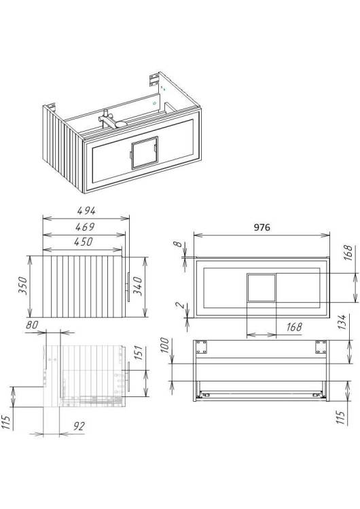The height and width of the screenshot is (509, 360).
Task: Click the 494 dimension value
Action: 86,210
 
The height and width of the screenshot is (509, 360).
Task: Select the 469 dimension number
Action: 85,227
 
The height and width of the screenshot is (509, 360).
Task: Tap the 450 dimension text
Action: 84,242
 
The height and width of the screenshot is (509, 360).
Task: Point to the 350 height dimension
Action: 22,285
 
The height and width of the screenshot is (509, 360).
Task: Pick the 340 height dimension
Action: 138,286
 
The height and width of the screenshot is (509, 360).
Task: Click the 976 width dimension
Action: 262,227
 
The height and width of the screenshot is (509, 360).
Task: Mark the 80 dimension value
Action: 32,324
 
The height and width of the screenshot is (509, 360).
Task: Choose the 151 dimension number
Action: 138,353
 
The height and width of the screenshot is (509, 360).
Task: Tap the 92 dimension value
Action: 79,426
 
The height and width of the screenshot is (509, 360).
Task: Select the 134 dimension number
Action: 342,322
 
